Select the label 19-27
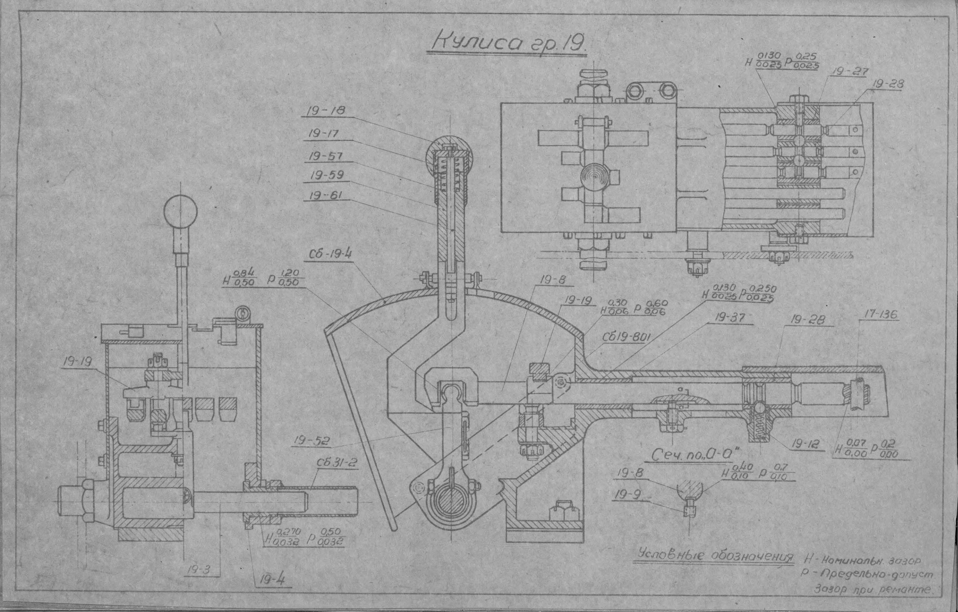point(850,72)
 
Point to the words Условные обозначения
point(714,556)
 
